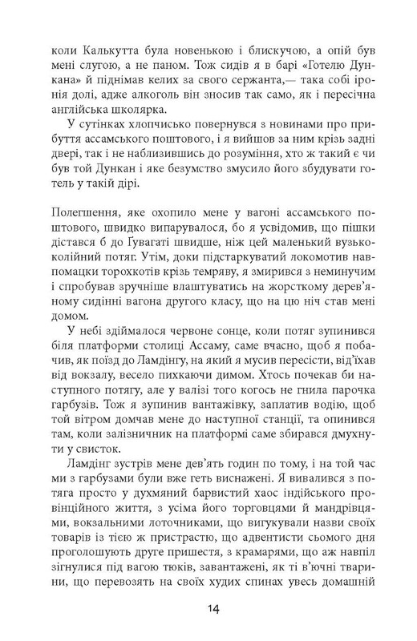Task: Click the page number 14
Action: [x=208, y=610]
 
